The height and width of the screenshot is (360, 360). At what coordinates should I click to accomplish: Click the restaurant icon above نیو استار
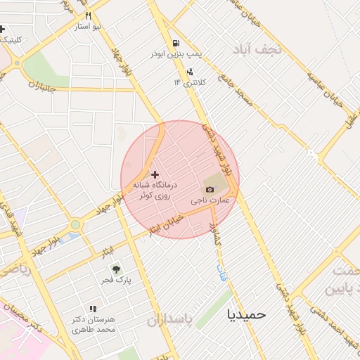click(x=88, y=15)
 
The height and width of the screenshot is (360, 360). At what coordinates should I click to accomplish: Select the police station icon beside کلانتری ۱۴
click(x=189, y=72)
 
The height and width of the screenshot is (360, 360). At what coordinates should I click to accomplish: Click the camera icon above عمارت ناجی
click(x=210, y=188)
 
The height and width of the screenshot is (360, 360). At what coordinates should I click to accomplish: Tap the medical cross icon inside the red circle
click(x=155, y=173)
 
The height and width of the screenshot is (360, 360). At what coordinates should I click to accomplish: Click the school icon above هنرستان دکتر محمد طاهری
click(x=92, y=309)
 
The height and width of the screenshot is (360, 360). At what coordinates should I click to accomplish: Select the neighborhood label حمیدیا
click(x=247, y=314)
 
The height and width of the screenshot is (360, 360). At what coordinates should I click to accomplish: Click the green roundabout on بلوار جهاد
click(x=75, y=225)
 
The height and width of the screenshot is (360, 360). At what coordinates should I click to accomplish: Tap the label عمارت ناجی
click(x=212, y=200)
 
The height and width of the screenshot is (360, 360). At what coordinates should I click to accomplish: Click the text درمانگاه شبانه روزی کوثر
click(x=155, y=188)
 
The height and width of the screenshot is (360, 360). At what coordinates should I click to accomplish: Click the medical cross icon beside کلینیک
click(x=2, y=29)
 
